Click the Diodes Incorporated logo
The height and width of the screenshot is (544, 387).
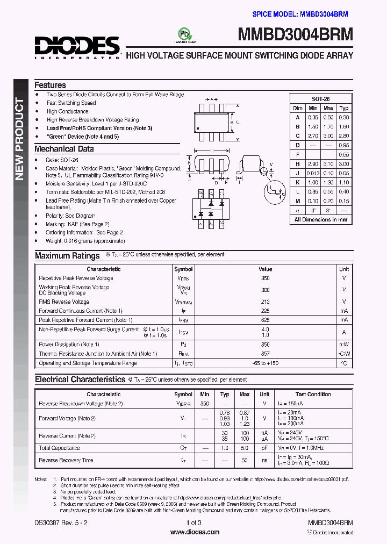(77, 47)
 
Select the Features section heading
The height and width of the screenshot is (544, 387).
(50, 85)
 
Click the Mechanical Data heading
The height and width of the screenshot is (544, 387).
(64, 149)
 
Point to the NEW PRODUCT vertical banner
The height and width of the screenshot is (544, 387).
(20, 139)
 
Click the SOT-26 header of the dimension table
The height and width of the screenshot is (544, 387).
(321, 99)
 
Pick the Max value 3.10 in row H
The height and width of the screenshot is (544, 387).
(328, 164)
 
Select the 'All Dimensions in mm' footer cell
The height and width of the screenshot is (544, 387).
(321, 219)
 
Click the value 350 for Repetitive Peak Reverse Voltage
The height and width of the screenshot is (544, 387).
(265, 278)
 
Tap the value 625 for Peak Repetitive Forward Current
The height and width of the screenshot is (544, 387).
(265, 320)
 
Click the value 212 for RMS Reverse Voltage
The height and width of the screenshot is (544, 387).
(265, 302)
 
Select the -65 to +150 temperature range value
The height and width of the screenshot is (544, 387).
(265, 363)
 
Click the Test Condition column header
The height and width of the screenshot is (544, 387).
(313, 394)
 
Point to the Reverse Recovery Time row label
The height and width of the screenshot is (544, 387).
(66, 460)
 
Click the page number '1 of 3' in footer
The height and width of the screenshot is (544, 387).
(194, 523)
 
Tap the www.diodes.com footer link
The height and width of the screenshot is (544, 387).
(194, 532)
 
